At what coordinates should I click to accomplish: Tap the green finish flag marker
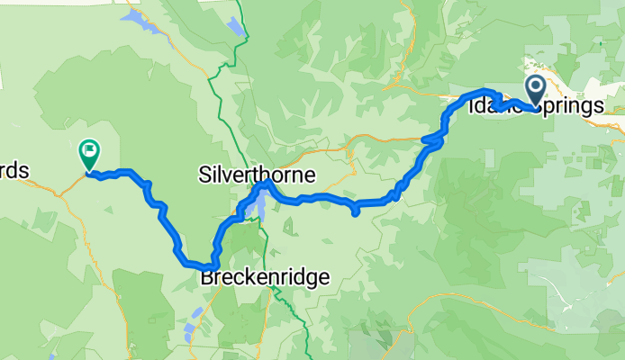[x=90, y=152]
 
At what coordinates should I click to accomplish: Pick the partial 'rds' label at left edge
[x=14, y=170]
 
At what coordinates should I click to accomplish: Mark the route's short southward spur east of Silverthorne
[x=356, y=211]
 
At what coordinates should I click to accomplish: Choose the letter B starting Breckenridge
[x=206, y=278]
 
